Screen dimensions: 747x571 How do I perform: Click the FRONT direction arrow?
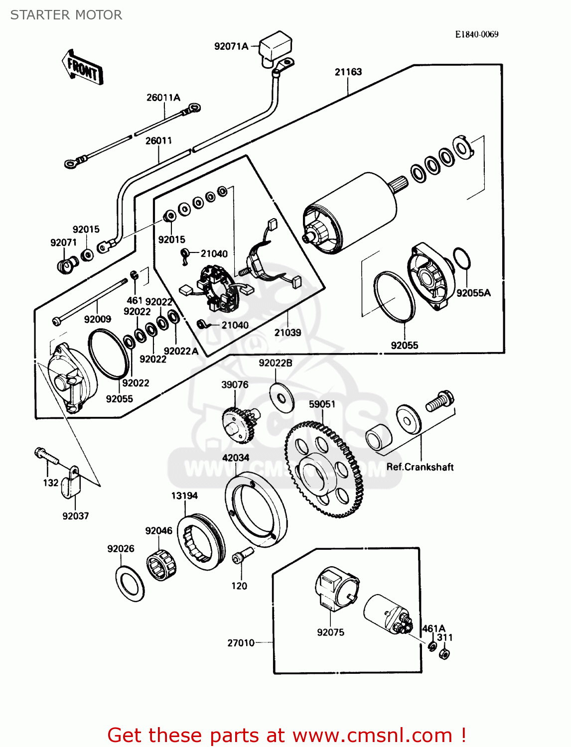click(x=83, y=68)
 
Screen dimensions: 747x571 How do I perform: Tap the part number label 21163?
click(x=348, y=72)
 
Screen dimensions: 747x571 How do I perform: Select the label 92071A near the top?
click(x=231, y=47)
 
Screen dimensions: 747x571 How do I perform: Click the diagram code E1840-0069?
click(x=476, y=34)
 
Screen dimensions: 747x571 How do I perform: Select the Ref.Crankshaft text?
click(x=420, y=467)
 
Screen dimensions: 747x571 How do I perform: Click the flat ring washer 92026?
click(x=130, y=583)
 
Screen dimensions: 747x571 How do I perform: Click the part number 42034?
click(x=236, y=458)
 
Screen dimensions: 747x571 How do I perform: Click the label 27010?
click(x=241, y=643)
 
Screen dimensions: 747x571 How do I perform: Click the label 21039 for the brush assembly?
click(x=287, y=333)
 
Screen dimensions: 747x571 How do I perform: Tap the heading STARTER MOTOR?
click(x=66, y=15)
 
